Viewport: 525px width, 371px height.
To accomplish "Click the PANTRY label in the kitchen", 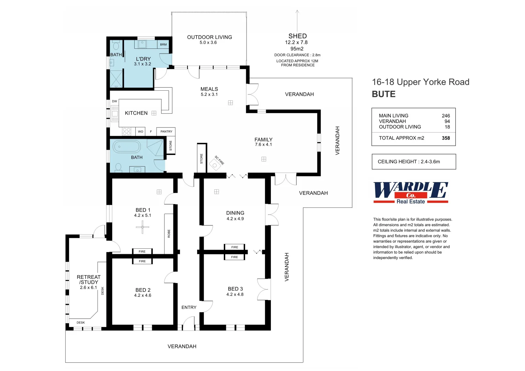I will click(x=166, y=132).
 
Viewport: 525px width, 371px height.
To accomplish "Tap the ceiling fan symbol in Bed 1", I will click(x=142, y=227).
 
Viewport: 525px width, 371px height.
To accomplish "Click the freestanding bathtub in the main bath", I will click(x=127, y=147).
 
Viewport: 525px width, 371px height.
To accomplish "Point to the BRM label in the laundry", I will click(x=163, y=45).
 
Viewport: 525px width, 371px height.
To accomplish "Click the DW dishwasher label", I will click(x=114, y=101).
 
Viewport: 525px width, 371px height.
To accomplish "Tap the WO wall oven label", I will click(x=140, y=132).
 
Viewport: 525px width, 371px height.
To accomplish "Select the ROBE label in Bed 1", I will click(x=169, y=234).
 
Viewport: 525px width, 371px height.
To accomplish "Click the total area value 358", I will click(x=446, y=138).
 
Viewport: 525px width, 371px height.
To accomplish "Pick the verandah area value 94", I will click(x=447, y=121).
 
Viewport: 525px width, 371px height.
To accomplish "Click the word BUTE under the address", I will click(x=384, y=94).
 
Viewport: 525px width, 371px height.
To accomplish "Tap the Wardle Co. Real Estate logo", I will click(x=411, y=193).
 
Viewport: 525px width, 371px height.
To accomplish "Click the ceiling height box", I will click(x=414, y=161).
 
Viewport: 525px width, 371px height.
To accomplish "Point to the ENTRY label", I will click(x=189, y=307).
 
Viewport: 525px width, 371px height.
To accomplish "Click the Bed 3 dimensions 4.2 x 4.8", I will click(x=235, y=294).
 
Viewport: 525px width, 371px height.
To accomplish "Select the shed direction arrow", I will click(x=297, y=21).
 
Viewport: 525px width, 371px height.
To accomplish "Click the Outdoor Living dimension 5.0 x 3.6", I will click(x=208, y=43).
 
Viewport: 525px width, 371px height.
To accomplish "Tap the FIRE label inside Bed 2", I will click(x=142, y=261).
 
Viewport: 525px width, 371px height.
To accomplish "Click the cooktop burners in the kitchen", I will click(x=126, y=131).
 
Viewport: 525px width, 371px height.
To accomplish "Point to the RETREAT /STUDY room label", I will click(x=89, y=280).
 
